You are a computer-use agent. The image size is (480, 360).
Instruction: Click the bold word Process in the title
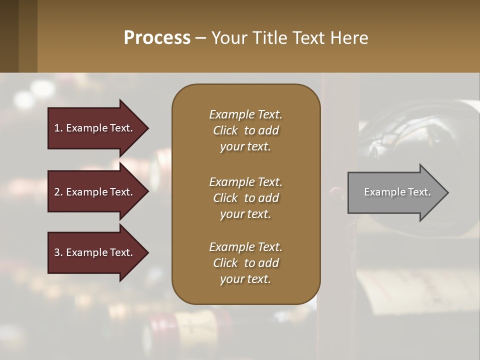click(157, 38)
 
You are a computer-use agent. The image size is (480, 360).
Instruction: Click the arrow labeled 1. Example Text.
click(95, 128)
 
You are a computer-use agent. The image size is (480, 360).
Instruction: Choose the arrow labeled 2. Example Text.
click(95, 192)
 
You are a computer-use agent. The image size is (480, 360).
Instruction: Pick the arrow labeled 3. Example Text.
click(95, 252)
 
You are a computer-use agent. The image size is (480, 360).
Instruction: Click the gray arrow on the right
click(395, 192)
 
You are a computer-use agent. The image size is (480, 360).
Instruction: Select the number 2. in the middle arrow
click(58, 192)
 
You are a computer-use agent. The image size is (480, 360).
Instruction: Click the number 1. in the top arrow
click(58, 128)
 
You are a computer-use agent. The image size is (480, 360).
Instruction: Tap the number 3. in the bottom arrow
click(58, 252)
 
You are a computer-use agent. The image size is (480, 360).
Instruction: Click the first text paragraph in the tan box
click(245, 130)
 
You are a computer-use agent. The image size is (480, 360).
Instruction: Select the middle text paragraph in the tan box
click(245, 197)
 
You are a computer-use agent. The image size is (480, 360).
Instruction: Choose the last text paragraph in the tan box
click(245, 263)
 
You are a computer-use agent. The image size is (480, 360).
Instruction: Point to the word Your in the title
click(228, 38)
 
